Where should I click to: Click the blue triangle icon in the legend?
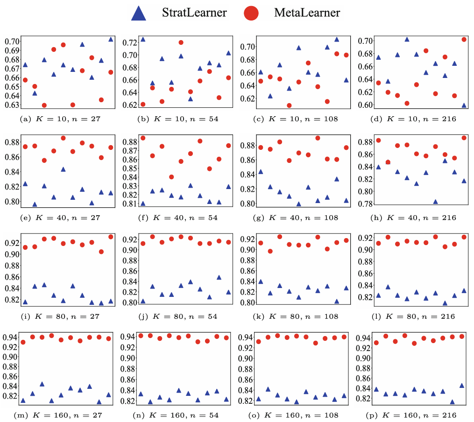(139, 13)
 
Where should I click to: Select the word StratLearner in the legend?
(194, 13)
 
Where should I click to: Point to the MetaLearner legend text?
(307, 13)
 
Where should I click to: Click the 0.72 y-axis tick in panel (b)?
(130, 42)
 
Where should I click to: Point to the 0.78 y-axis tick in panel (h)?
(365, 204)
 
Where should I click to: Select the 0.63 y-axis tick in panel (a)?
(13, 105)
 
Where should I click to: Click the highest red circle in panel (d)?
(464, 40)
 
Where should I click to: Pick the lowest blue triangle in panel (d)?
(464, 105)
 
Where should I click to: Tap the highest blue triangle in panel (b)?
(129, 39)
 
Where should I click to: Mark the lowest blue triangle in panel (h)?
(435, 202)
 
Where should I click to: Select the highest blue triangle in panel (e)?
(63, 169)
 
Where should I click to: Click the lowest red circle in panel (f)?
(171, 177)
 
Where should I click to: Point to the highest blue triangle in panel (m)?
(42, 384)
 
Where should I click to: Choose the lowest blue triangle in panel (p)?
(452, 401)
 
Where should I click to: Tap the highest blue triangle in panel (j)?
(219, 277)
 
